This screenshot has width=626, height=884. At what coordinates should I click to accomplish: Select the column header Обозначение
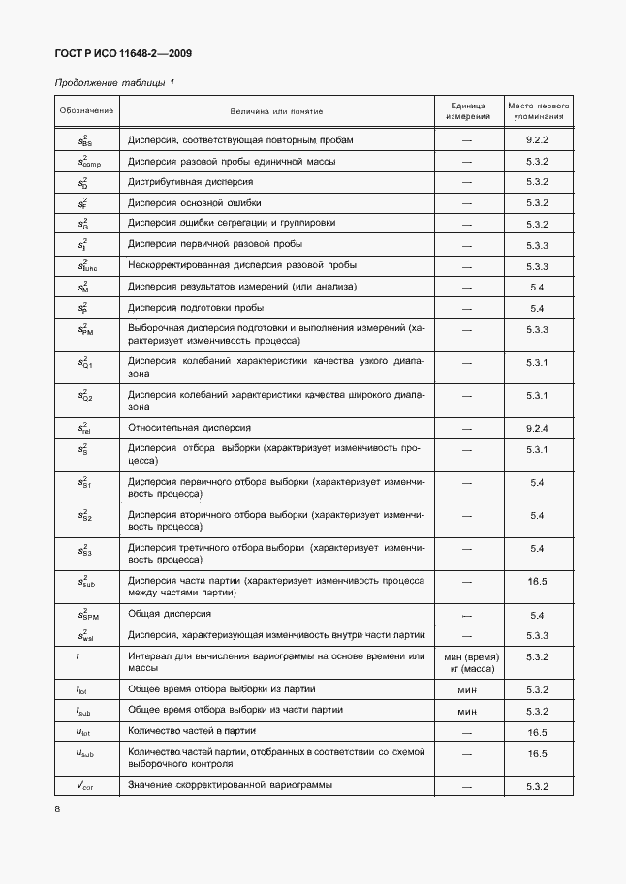pos(86,110)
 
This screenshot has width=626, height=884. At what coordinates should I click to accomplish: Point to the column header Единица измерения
pos(468,110)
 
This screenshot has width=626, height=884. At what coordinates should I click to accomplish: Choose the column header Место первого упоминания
pos(538,110)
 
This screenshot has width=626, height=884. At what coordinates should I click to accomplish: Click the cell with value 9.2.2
pos(538,140)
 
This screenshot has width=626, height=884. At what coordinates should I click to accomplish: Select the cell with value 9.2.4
pos(538,427)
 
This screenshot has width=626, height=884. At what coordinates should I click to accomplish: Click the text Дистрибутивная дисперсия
pos(190,182)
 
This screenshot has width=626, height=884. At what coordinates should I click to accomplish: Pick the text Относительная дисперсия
pos(190,427)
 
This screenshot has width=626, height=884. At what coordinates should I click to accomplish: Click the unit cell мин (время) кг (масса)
pos(468,663)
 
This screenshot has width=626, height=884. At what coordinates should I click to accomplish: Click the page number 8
pos(57,808)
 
